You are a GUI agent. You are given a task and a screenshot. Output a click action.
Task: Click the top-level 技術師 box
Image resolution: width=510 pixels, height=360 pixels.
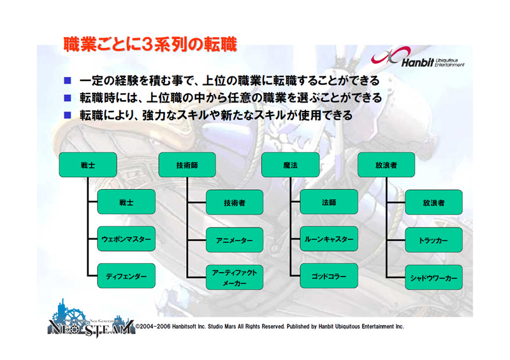click(x=187, y=165)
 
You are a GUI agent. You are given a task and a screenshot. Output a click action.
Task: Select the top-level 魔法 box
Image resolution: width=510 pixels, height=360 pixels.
click(x=291, y=165)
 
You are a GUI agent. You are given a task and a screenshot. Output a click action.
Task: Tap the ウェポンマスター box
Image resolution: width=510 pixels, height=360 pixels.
click(x=126, y=240)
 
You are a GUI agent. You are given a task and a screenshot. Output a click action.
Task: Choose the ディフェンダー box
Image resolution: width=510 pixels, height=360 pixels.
click(x=126, y=276)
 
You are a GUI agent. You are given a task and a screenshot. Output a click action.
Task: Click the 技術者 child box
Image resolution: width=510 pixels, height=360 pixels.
click(x=234, y=203)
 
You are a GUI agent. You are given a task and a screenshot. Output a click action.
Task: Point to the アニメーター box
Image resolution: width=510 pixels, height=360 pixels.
click(x=234, y=240)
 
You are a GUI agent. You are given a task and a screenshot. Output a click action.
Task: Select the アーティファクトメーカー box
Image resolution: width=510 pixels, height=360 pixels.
click(x=234, y=277)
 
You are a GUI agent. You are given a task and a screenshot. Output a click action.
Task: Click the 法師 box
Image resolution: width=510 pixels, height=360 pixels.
click(x=328, y=203)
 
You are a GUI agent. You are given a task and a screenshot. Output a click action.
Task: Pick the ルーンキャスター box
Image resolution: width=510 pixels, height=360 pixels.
click(x=328, y=240)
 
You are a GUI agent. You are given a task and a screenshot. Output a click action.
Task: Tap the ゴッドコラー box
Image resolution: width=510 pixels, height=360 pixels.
click(x=328, y=276)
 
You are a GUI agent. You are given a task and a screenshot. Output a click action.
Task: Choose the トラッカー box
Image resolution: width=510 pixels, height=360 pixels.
click(x=433, y=240)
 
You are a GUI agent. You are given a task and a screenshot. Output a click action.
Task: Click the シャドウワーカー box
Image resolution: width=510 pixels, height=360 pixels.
click(x=433, y=277)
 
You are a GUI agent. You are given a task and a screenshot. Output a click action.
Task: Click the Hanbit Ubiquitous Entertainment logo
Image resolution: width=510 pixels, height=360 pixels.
click(x=418, y=60)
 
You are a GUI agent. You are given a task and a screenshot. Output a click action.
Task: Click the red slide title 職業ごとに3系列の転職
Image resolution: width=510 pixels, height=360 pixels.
click(x=150, y=44)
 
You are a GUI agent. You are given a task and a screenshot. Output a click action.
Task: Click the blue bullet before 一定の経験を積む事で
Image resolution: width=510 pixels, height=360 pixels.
click(x=68, y=81)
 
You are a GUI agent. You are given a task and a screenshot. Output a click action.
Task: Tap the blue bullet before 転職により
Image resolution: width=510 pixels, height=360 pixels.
click(x=68, y=115)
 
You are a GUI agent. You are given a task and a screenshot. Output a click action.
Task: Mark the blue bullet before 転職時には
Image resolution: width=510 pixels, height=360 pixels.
click(x=68, y=98)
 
